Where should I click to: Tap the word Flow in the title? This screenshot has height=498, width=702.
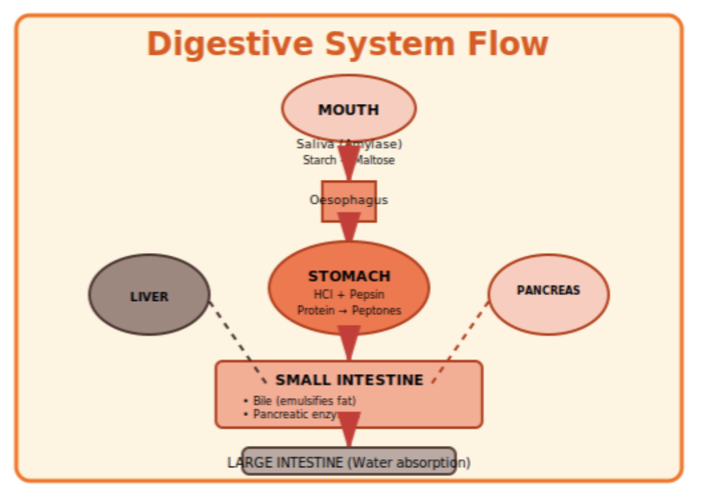click(x=508, y=44)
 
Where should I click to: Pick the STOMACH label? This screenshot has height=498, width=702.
click(x=349, y=276)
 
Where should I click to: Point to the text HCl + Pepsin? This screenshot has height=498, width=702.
click(x=349, y=295)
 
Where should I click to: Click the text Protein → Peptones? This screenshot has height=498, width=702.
click(x=349, y=311)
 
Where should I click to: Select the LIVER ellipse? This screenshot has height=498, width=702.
click(x=149, y=296)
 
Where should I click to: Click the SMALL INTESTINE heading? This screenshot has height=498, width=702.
click(x=349, y=380)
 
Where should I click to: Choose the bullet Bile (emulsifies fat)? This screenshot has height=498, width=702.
click(x=301, y=401)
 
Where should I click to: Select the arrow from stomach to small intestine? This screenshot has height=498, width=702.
click(x=349, y=342)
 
